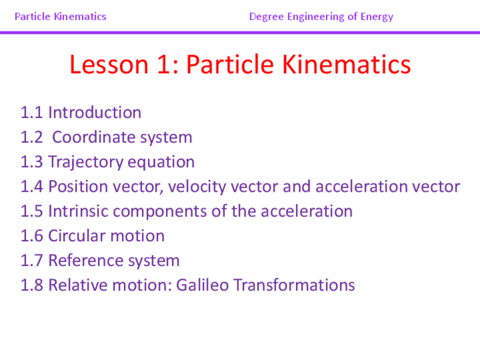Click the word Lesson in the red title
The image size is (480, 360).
pyautogui.click(x=109, y=65)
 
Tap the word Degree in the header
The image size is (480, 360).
pyautogui.click(x=267, y=17)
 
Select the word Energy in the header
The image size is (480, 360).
pyautogui.click(x=377, y=17)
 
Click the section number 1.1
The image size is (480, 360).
pyautogui.click(x=32, y=112)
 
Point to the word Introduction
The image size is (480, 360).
pyautogui.click(x=95, y=112)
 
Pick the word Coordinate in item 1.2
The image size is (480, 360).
pyautogui.click(x=94, y=137)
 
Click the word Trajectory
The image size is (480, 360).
pyautogui.click(x=85, y=162)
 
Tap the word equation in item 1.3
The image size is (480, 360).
pyautogui.click(x=161, y=162)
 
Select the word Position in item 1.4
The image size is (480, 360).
pyautogui.click(x=78, y=186)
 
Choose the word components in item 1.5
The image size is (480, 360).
pyautogui.click(x=160, y=212)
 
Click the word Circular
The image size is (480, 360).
pyautogui.click(x=76, y=236)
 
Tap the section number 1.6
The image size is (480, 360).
pyautogui.click(x=32, y=236)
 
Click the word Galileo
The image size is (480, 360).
pyautogui.click(x=202, y=285)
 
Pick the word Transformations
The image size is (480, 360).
pyautogui.click(x=294, y=285)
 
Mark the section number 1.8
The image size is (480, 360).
pyautogui.click(x=32, y=285)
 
